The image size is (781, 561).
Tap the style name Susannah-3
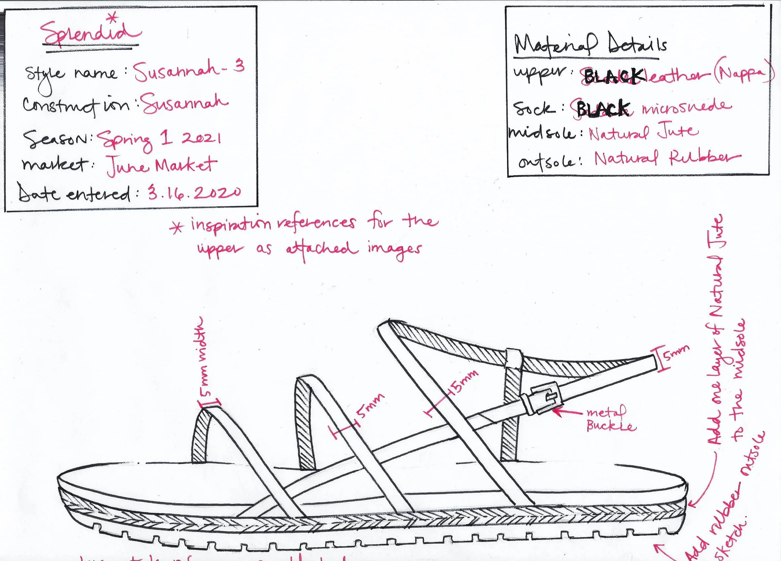[189, 72]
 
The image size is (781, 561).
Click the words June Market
[161, 166]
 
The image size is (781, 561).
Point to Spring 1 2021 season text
[159, 139]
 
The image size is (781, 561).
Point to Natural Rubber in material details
[667, 159]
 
